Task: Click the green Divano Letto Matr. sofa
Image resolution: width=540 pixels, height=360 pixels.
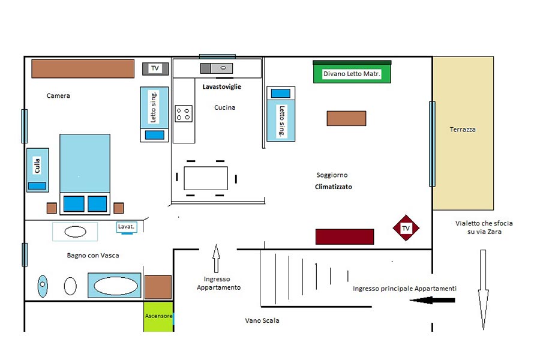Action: point(352,72)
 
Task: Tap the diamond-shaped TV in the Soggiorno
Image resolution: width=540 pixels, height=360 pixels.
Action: point(406,228)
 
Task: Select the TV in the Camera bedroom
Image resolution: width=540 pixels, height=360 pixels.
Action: point(155,68)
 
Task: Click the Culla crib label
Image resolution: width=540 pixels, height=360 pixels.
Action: point(37,166)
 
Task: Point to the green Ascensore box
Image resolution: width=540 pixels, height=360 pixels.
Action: point(158,317)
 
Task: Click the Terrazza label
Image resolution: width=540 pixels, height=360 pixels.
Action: point(463,130)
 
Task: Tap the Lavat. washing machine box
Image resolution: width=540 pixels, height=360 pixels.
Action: point(127,227)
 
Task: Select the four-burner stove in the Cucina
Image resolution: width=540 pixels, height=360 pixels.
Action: point(184,113)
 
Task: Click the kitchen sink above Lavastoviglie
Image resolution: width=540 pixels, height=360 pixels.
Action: point(217,68)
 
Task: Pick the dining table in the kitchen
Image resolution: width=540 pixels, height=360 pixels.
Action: point(206,178)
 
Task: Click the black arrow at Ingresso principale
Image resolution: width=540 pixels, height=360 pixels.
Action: point(432,301)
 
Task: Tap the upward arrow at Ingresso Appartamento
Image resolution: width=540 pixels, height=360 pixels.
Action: point(216,259)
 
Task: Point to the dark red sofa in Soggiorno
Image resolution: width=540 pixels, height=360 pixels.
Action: point(345,236)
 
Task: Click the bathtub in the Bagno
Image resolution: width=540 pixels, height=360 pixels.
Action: point(115,286)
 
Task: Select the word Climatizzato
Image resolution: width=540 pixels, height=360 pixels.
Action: point(334,187)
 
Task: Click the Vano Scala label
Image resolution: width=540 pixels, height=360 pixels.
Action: point(262,320)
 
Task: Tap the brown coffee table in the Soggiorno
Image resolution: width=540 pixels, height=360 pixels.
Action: point(346,118)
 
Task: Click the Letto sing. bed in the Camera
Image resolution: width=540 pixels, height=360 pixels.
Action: point(154,115)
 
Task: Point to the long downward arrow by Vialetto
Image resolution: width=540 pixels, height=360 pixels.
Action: point(483,290)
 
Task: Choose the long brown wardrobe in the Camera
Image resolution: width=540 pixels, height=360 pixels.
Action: point(83,68)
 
